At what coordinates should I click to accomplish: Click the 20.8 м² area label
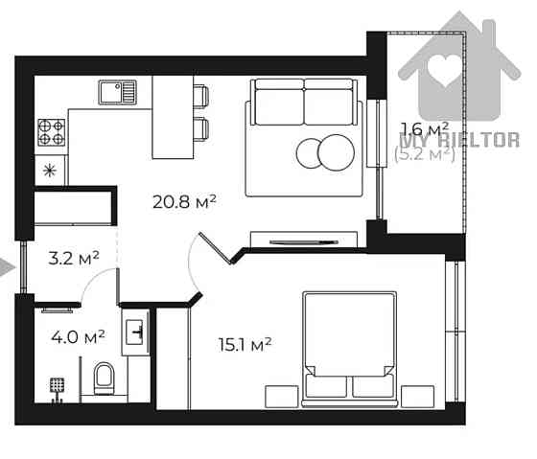[184, 201]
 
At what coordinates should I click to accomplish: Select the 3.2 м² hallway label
[75, 257]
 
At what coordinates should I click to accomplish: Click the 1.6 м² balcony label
[425, 129]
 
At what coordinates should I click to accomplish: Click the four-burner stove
[51, 132]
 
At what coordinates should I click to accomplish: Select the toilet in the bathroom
[104, 378]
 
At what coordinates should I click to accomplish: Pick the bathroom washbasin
[136, 332]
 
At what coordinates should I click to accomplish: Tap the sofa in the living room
[304, 137]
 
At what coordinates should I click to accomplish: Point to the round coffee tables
[324, 151]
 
